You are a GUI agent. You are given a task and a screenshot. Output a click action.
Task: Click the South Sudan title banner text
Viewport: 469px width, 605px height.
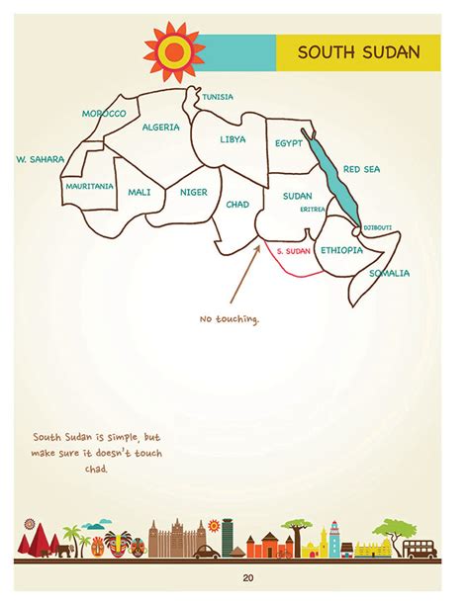coord(357,52)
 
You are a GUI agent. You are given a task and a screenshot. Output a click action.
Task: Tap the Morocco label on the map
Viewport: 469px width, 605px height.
coord(104,115)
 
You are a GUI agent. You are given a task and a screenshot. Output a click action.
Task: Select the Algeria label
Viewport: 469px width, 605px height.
coord(161,128)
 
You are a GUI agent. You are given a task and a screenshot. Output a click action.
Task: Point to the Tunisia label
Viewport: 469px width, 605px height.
coord(218,97)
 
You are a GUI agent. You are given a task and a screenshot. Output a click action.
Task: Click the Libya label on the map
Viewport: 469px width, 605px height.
coord(233,139)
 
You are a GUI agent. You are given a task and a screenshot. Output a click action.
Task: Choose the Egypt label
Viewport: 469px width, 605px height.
coord(289,142)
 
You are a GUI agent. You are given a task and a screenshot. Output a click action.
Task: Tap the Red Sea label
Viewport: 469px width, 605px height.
coord(361,169)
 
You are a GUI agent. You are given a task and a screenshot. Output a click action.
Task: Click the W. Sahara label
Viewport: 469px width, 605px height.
coord(41,158)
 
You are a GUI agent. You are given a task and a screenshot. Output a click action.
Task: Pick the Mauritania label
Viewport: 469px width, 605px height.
coord(89,186)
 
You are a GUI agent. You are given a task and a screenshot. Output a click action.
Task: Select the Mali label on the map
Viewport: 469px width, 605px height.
coord(140,192)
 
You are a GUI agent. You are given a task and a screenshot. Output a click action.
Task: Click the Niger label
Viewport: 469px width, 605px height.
coord(193,192)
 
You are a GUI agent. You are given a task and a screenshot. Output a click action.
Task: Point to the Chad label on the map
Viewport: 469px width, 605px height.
coord(237,205)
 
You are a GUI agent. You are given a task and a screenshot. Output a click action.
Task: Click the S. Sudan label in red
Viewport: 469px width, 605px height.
coord(294,252)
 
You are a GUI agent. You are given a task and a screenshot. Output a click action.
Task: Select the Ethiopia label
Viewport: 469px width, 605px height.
coord(342,251)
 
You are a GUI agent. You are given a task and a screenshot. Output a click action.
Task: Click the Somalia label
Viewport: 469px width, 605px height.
coord(389,273)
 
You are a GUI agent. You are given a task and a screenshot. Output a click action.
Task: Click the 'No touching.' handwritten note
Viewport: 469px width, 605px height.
coord(230,319)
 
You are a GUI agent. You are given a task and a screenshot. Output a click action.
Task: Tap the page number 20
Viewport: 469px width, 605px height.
coord(234,578)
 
